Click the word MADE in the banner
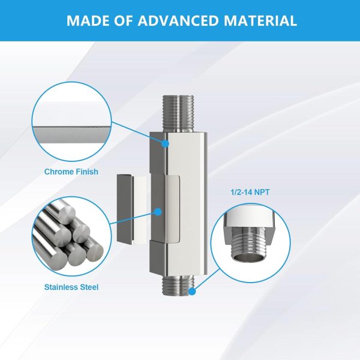88,20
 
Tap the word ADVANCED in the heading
178,20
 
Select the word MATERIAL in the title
260,20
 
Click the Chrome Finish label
71,172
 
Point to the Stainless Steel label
71,287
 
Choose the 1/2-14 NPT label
250,192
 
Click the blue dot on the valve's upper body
165,144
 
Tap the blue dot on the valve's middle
158,212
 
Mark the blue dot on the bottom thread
192,292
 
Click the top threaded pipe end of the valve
178,114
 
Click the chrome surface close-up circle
71,122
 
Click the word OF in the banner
123,20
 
